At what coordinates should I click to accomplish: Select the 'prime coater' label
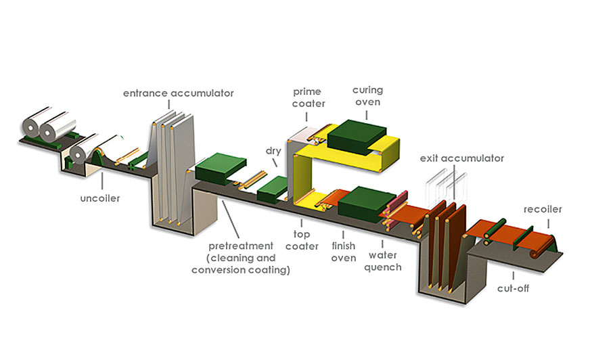[309, 97]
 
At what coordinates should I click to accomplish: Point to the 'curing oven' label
[368, 97]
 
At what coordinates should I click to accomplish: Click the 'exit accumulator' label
[462, 158]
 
